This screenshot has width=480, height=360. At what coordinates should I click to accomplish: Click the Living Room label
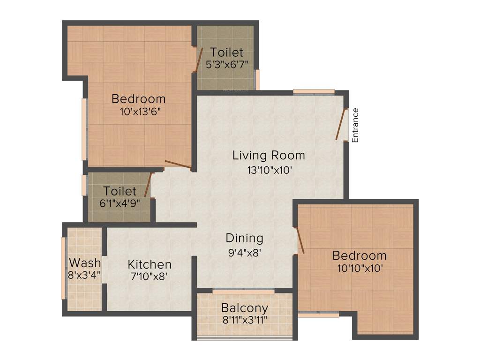(x=269, y=155)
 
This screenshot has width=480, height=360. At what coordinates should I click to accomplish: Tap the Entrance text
(x=355, y=125)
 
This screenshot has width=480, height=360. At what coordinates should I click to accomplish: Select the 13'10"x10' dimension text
(x=270, y=170)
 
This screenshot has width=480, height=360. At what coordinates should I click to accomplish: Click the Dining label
(x=244, y=238)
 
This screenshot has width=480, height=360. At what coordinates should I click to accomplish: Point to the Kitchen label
(x=150, y=264)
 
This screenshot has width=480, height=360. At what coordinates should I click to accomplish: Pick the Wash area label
(x=85, y=262)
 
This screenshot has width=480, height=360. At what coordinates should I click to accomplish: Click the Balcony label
(x=245, y=308)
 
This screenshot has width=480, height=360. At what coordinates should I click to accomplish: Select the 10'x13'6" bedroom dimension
(x=139, y=112)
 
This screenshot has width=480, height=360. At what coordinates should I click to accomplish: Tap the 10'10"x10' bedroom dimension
(x=360, y=269)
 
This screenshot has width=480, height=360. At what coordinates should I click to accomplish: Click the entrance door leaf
(x=341, y=124)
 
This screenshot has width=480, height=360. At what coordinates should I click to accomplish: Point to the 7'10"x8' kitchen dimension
(x=150, y=276)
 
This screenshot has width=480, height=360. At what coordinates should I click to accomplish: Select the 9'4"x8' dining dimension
(x=244, y=252)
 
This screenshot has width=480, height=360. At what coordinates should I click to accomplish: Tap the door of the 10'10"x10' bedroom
(x=300, y=240)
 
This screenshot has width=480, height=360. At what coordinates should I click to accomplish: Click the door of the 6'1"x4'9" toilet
(x=148, y=185)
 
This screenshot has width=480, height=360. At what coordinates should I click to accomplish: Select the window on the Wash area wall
(x=63, y=268)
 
